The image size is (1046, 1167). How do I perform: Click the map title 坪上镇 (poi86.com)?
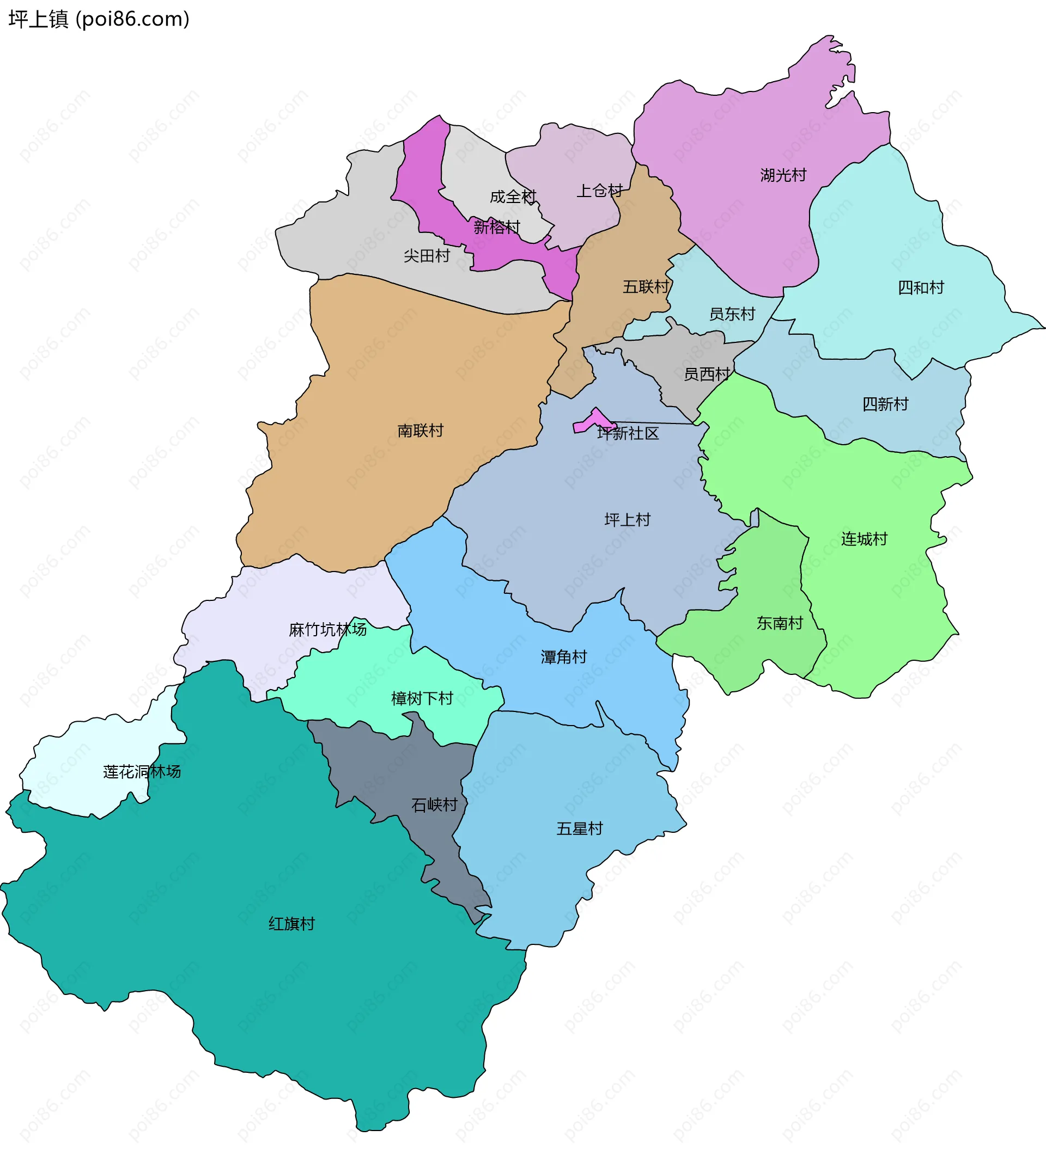[99, 19]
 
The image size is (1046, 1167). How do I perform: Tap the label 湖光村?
[783, 175]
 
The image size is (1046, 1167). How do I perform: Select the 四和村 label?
[921, 288]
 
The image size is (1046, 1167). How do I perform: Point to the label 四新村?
[885, 404]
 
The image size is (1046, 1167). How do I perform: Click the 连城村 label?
[864, 539]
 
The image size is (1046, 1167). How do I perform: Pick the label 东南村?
[780, 623]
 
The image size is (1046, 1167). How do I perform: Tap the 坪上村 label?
[627, 520]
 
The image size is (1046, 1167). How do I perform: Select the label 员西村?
[707, 374]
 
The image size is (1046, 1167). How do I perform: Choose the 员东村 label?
[732, 314]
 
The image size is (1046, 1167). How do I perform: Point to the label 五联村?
[646, 287]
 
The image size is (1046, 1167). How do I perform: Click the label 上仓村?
[599, 191]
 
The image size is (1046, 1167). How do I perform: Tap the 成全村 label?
[513, 197]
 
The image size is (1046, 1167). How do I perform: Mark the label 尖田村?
[427, 256]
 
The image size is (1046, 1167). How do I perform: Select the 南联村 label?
[420, 431]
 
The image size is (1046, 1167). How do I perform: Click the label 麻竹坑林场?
[327, 630]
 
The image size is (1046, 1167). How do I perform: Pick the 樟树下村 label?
[422, 699]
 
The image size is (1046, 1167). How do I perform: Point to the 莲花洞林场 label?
[142, 772]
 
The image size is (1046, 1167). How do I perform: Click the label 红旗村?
[291, 924]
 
